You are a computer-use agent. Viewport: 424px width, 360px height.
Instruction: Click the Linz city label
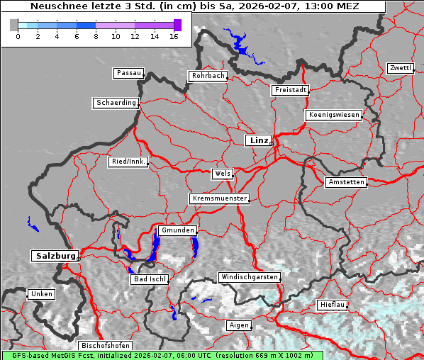[x=258, y=140]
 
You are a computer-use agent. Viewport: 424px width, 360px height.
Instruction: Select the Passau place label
[x=128, y=73]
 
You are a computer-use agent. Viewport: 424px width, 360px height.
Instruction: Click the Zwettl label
[x=400, y=68]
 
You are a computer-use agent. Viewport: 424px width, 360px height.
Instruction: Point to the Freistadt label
[x=290, y=90]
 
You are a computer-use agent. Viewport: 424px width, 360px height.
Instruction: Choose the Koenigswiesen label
[x=334, y=115]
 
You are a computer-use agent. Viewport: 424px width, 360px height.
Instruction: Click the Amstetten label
[x=346, y=182]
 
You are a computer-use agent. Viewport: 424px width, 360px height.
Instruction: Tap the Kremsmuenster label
[x=220, y=198]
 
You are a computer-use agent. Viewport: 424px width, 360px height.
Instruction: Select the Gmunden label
[x=177, y=231]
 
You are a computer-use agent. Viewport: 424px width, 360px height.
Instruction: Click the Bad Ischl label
[x=150, y=279]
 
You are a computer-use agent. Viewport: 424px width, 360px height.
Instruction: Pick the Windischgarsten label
[x=249, y=277]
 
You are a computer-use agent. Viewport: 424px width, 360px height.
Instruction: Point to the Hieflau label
[x=333, y=305]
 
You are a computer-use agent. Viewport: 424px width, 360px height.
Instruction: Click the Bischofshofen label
[x=105, y=346]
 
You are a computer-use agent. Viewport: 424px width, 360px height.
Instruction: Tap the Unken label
[x=41, y=294]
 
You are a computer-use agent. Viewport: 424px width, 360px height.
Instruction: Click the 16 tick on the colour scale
[x=174, y=35]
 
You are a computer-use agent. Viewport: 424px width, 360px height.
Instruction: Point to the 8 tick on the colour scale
[x=96, y=35]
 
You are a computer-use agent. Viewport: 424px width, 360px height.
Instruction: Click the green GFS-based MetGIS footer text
[x=163, y=355]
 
